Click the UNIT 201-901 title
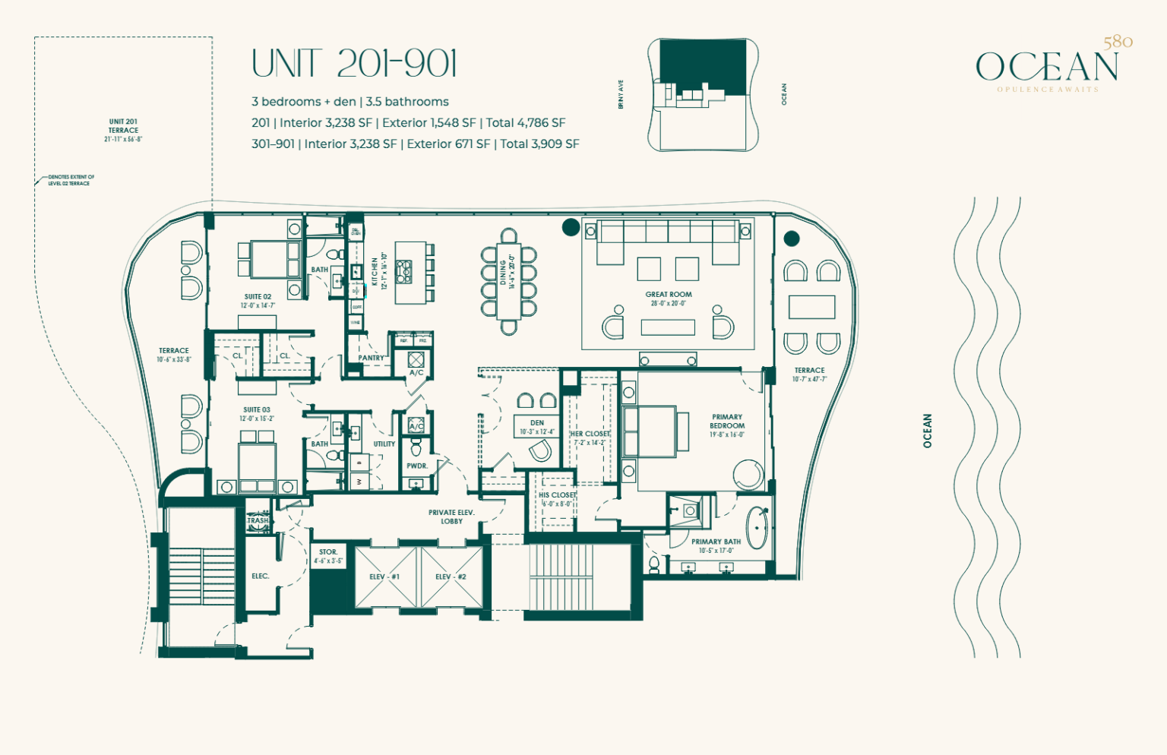coord(354,64)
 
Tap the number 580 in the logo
coord(1118,42)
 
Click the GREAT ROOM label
coord(669,295)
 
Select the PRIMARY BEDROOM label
coord(727,422)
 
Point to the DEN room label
coord(537,423)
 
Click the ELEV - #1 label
coord(384,577)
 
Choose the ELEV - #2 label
coord(451,577)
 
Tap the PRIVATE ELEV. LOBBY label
coord(451,516)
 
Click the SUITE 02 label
coord(258,297)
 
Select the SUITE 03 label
coord(257,410)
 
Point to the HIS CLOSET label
coord(557,495)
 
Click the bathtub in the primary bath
coord(757,527)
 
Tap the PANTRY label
coord(371,358)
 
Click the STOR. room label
coord(328,552)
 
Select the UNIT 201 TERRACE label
coord(123,126)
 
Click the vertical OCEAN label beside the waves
coord(927,431)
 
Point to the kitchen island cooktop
coord(403,272)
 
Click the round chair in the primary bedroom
coord(748,475)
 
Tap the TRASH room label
coord(258,521)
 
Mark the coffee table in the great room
coord(668,327)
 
